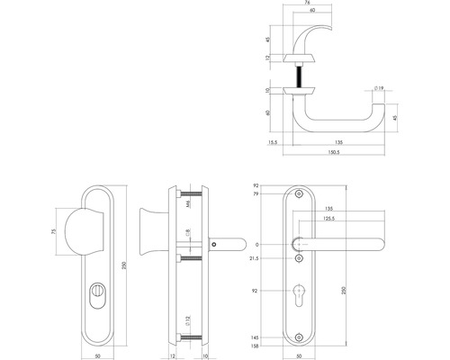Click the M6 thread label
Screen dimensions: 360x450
click(x=188, y=206)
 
